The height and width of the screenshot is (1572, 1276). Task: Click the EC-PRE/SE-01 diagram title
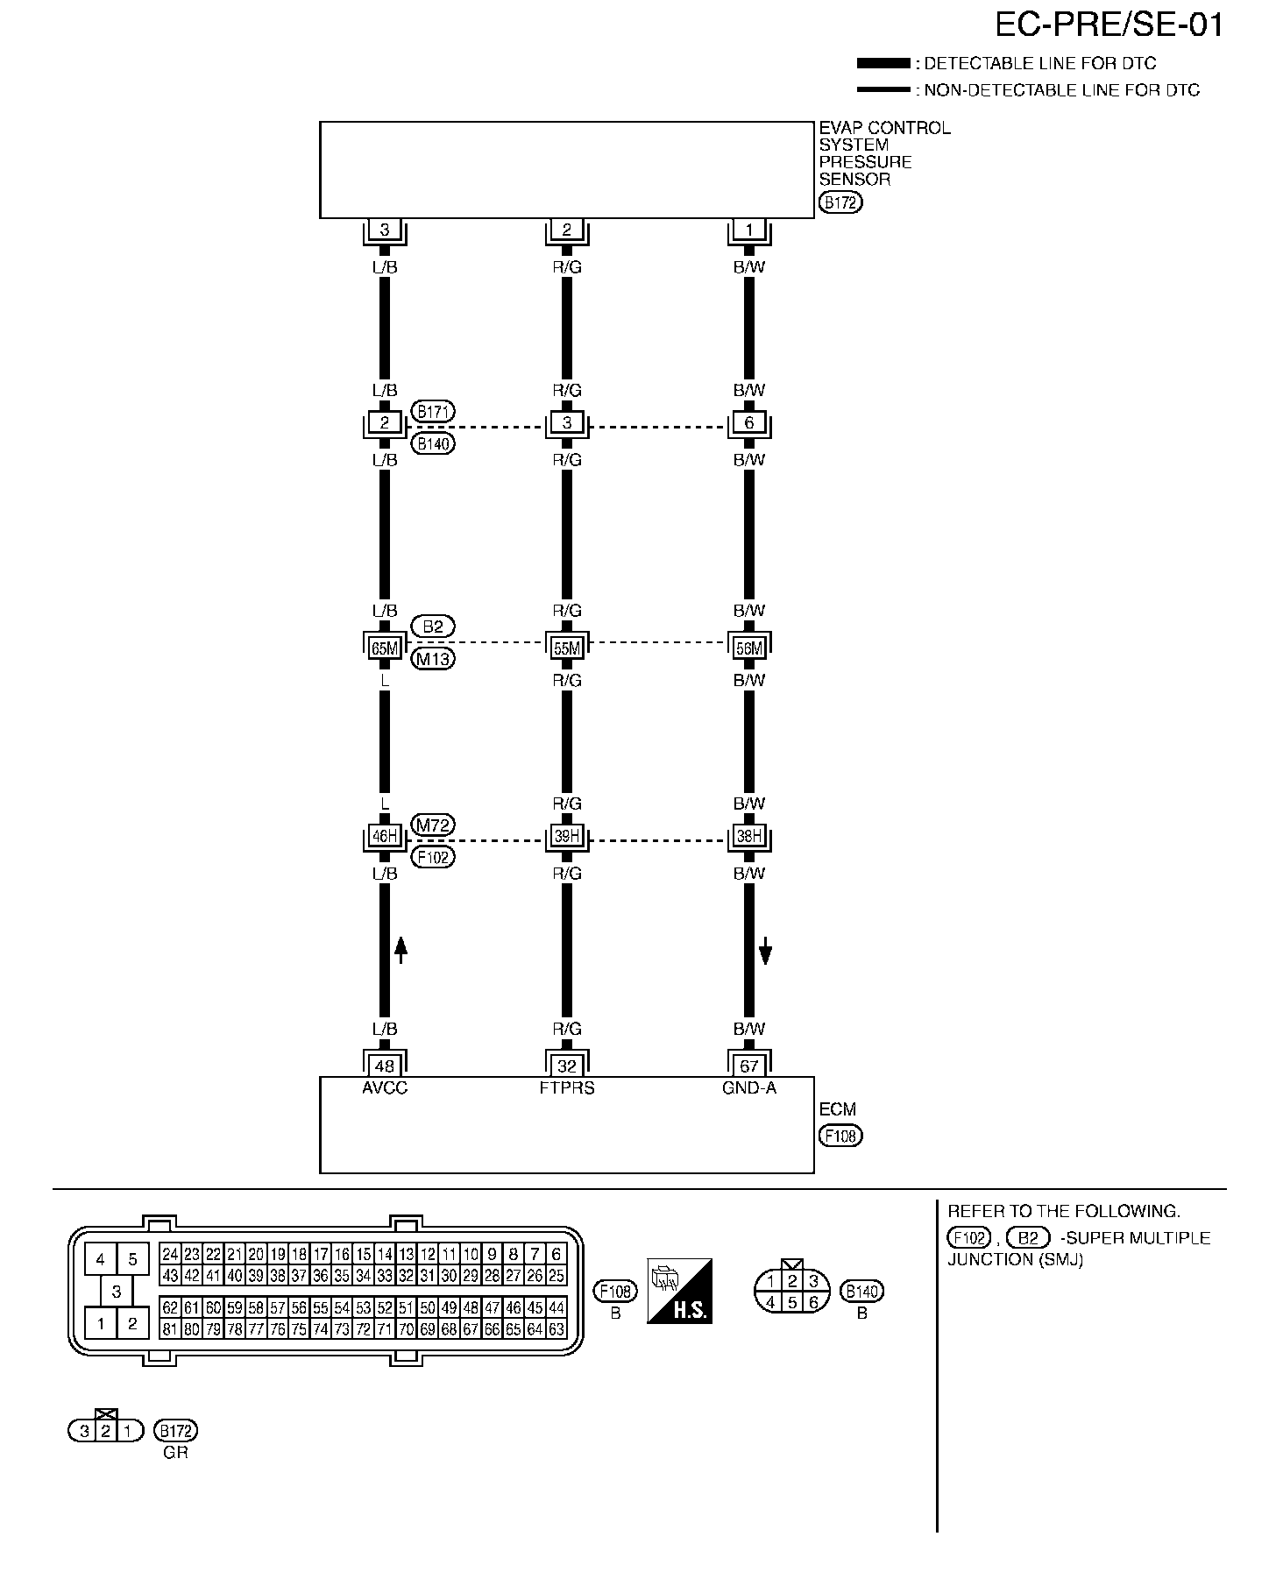click(1109, 25)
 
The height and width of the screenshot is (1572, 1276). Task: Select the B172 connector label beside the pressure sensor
click(840, 203)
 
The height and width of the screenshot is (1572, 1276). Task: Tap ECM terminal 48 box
click(385, 1066)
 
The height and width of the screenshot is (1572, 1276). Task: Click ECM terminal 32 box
click(567, 1066)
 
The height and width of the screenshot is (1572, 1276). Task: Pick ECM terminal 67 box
click(749, 1066)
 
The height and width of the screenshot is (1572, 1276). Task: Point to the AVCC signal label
click(385, 1088)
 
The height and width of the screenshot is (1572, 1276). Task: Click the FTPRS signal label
click(567, 1088)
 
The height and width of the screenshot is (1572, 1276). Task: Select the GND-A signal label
click(749, 1088)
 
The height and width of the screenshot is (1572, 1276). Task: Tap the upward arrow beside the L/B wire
click(401, 950)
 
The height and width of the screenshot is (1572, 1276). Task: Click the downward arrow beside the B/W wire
click(765, 950)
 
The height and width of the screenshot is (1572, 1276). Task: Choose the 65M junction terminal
click(385, 648)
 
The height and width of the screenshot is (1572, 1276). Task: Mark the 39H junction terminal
click(567, 836)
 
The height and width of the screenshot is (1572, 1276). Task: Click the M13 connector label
click(433, 659)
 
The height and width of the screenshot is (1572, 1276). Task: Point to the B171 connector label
click(433, 411)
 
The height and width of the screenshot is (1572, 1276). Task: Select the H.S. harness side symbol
click(679, 1291)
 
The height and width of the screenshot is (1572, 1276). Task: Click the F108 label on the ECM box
click(840, 1136)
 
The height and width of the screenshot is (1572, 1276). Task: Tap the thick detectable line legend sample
click(883, 63)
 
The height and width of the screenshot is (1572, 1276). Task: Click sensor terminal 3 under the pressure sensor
click(385, 230)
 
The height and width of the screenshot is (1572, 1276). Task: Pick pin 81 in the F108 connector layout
click(170, 1329)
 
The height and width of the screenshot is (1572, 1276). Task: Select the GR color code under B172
click(176, 1452)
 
